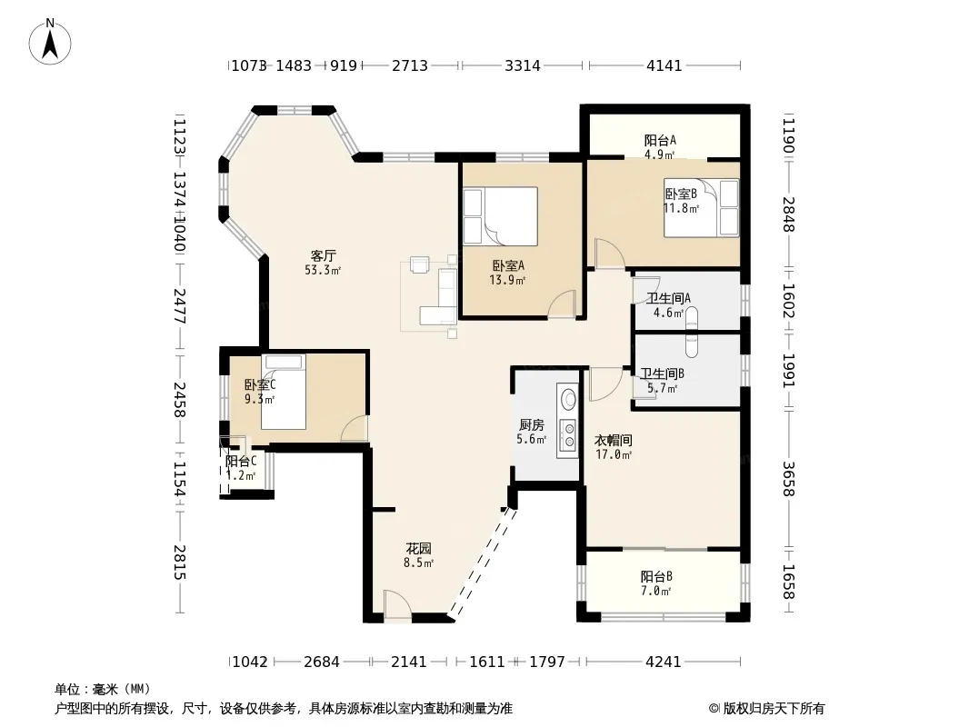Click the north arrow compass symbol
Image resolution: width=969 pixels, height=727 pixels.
pos(50,42)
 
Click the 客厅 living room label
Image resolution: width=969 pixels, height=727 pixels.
pos(324,255)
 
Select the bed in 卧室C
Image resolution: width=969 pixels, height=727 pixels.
pos(284,392)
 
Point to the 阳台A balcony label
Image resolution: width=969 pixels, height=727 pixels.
pos(660,140)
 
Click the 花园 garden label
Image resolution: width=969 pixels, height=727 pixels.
pos(418,549)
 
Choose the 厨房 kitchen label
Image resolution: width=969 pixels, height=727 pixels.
pos(532,425)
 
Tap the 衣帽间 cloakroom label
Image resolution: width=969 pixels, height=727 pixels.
pos(613,441)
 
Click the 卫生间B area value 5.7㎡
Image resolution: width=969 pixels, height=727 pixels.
pos(662,389)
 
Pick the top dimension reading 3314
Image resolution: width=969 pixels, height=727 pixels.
pos(522,65)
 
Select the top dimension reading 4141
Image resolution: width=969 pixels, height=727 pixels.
pos(664,65)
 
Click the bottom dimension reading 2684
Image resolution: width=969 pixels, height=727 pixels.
pos(322,662)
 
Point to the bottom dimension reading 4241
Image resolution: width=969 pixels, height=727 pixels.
pos(663,662)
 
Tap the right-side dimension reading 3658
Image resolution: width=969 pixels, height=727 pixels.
pos(788,479)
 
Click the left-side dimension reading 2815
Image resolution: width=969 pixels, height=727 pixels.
pos(179,563)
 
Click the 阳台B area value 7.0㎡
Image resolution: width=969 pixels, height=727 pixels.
pos(655,591)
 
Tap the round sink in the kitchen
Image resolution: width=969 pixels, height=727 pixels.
pos(566,400)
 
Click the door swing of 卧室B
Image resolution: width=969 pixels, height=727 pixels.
pos(610,254)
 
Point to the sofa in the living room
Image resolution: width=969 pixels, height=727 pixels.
pos(438,296)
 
